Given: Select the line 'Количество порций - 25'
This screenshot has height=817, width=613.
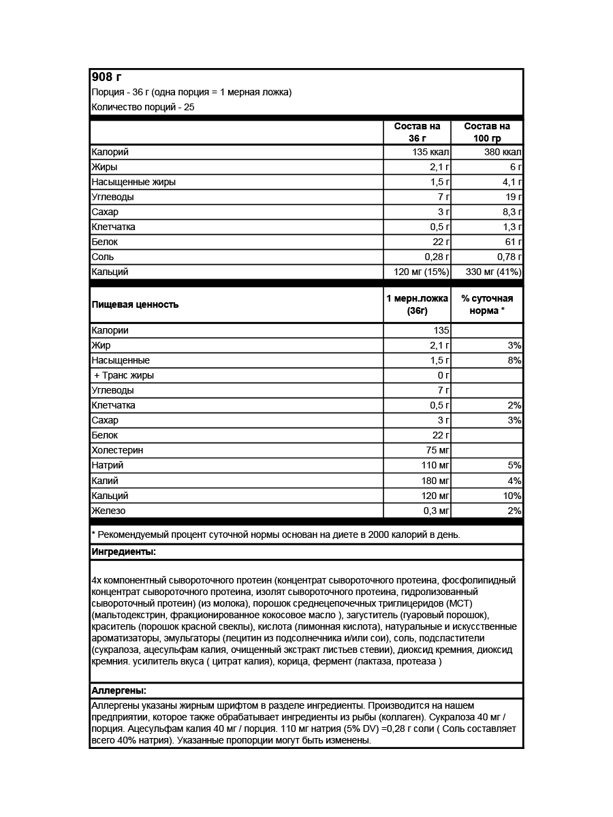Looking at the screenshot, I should pos(142,107).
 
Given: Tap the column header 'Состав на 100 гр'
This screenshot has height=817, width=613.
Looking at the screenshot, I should pos(486,132).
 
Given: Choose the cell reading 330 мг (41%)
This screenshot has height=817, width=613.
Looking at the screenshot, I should pos(493,272).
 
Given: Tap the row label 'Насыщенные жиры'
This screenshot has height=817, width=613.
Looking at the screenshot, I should pos(133,182).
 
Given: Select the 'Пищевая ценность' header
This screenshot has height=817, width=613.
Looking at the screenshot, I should pos(135,304).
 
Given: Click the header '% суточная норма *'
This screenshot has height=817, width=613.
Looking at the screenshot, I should pos(486,304).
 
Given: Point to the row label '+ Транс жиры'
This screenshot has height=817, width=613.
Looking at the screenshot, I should pos(124,375).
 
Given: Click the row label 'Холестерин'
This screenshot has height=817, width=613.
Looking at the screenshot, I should pos(117,450).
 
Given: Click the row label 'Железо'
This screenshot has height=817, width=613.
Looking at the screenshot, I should pos(108,511).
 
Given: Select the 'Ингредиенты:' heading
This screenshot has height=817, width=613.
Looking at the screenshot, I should pos(123,551).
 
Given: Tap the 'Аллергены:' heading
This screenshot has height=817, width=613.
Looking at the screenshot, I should pos(119,690).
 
